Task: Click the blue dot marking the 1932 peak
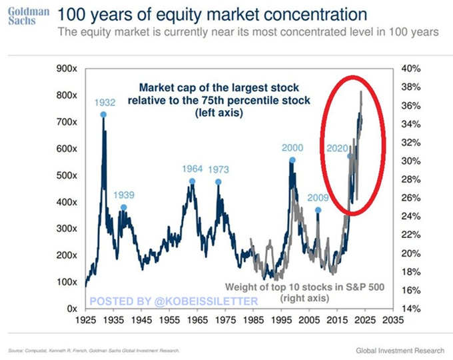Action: (x=104, y=115)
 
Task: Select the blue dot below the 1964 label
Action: (x=193, y=181)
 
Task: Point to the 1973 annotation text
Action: (x=219, y=169)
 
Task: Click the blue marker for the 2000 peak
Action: (x=292, y=160)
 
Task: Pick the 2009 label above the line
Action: (x=318, y=198)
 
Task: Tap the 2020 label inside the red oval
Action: (x=337, y=148)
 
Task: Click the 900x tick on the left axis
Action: (x=67, y=69)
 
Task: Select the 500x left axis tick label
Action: (x=67, y=175)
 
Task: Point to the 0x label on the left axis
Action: (x=72, y=309)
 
